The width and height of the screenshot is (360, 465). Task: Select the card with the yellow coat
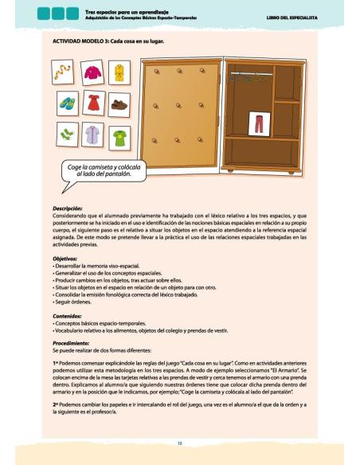[120, 74]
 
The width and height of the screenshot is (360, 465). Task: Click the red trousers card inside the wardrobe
[257, 123]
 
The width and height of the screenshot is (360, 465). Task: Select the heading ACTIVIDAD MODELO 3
[108, 41]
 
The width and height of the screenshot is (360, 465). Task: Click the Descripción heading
[67, 209]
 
